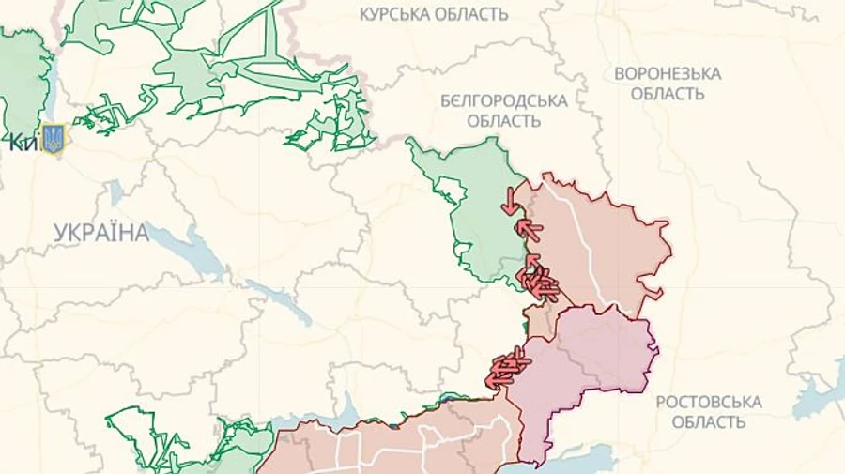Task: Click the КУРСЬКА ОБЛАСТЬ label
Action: click(434, 14)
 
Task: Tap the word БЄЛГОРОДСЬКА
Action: click(504, 100)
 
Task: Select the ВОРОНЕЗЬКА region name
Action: click(668, 73)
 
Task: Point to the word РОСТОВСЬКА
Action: click(708, 402)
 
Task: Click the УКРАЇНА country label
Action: click(101, 233)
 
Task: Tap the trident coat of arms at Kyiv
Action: click(54, 140)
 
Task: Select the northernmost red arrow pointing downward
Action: click(509, 199)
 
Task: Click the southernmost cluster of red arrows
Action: click(507, 367)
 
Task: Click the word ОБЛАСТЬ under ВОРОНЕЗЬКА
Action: click(668, 94)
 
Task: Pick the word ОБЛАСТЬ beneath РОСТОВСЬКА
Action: click(708, 422)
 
